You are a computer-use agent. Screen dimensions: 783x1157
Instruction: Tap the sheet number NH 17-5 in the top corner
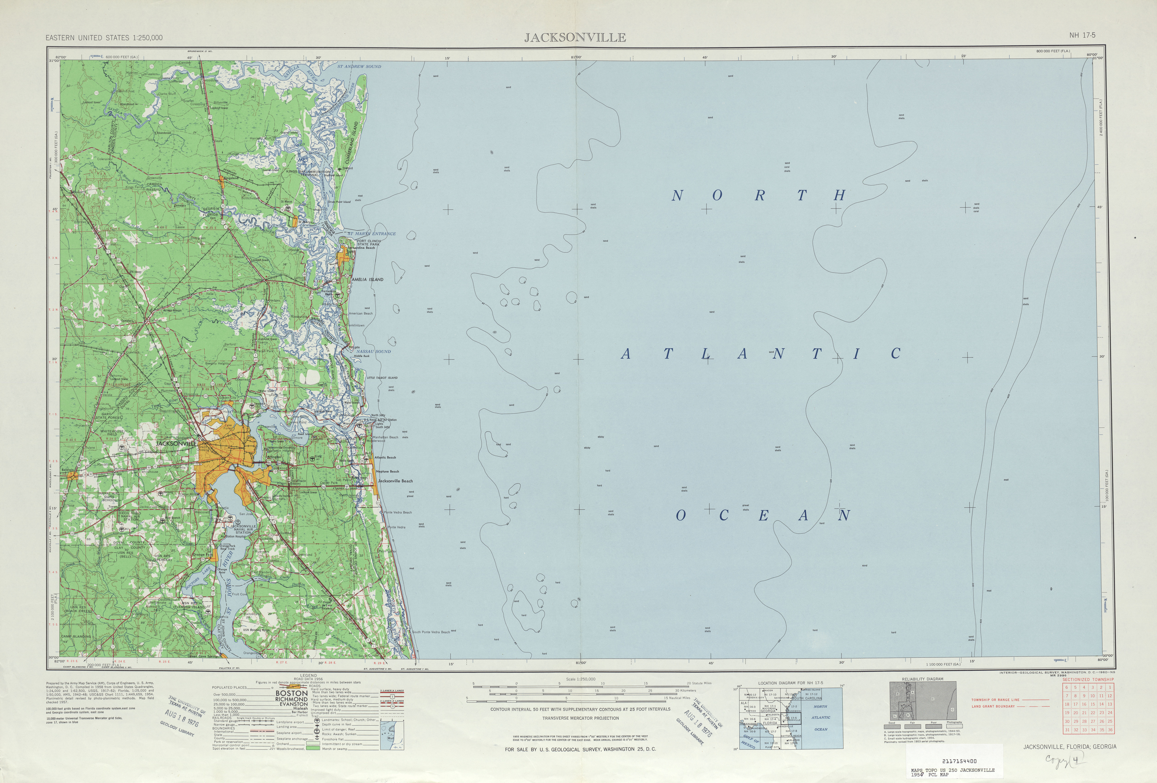(1082, 35)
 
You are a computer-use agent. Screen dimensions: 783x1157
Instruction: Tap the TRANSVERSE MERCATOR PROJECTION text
(581, 718)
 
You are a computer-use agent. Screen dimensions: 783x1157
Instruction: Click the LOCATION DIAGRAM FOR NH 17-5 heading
(791, 683)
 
